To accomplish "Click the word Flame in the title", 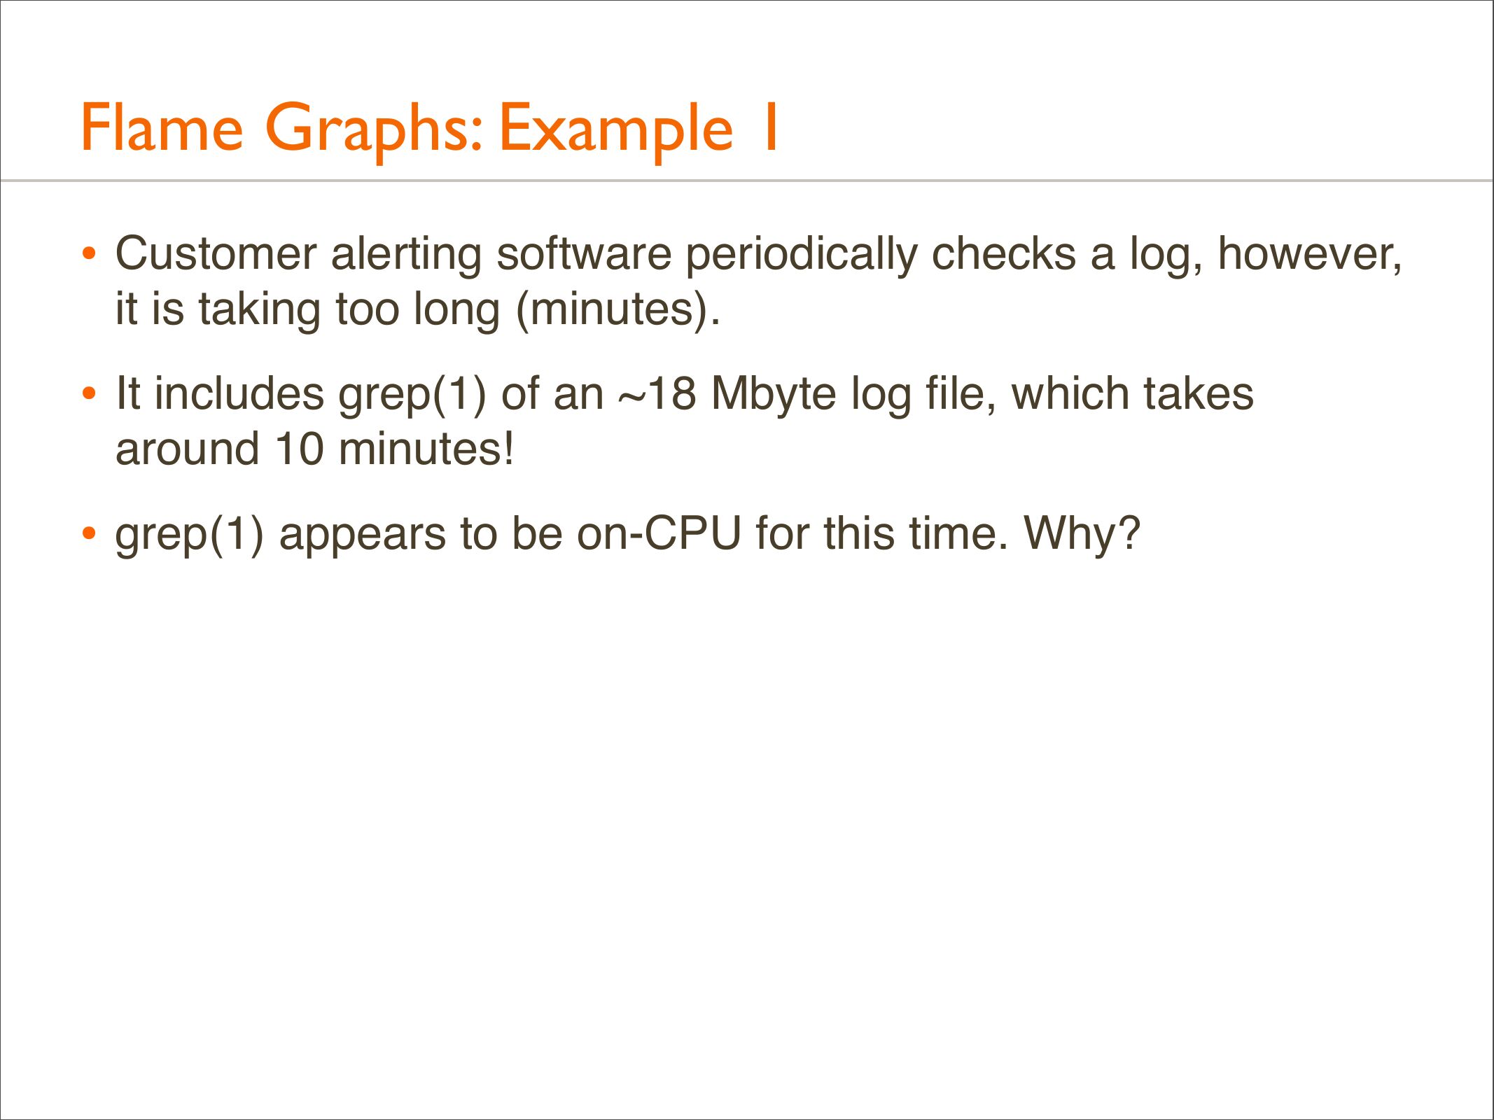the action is click(162, 127).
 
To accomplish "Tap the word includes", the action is click(239, 393).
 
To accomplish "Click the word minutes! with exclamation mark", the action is click(426, 449).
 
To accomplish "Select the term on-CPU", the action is click(659, 533).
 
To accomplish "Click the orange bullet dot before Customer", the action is click(88, 253).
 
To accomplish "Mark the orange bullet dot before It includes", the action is click(88, 393).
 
